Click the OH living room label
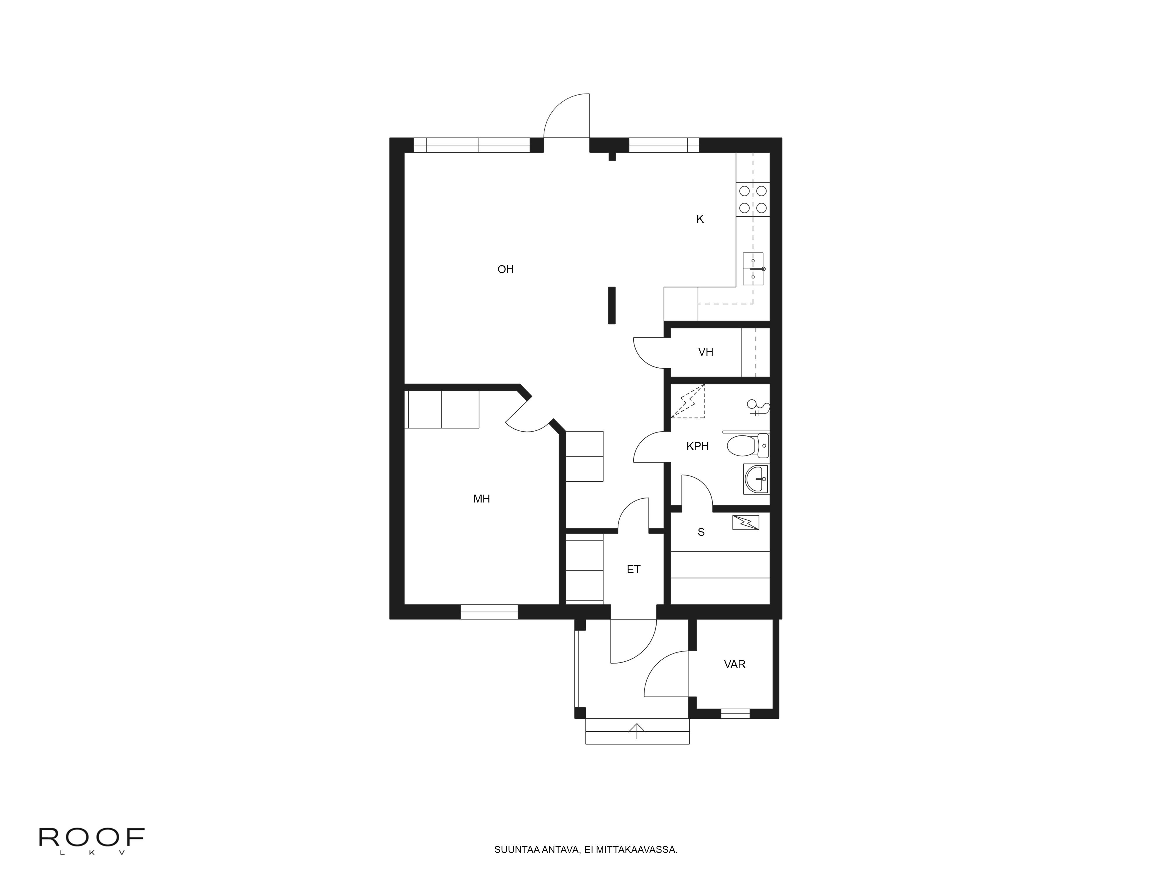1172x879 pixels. click(505, 270)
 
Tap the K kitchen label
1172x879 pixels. click(700, 219)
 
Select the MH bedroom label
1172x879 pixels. click(481, 499)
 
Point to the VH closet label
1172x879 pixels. click(705, 352)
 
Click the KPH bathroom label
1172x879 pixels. click(697, 447)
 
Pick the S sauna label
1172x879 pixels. click(701, 532)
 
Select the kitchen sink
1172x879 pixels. click(753, 269)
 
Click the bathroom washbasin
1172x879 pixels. click(756, 479)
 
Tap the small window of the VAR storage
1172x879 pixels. click(735, 714)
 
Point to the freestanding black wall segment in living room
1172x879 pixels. click(611, 305)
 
